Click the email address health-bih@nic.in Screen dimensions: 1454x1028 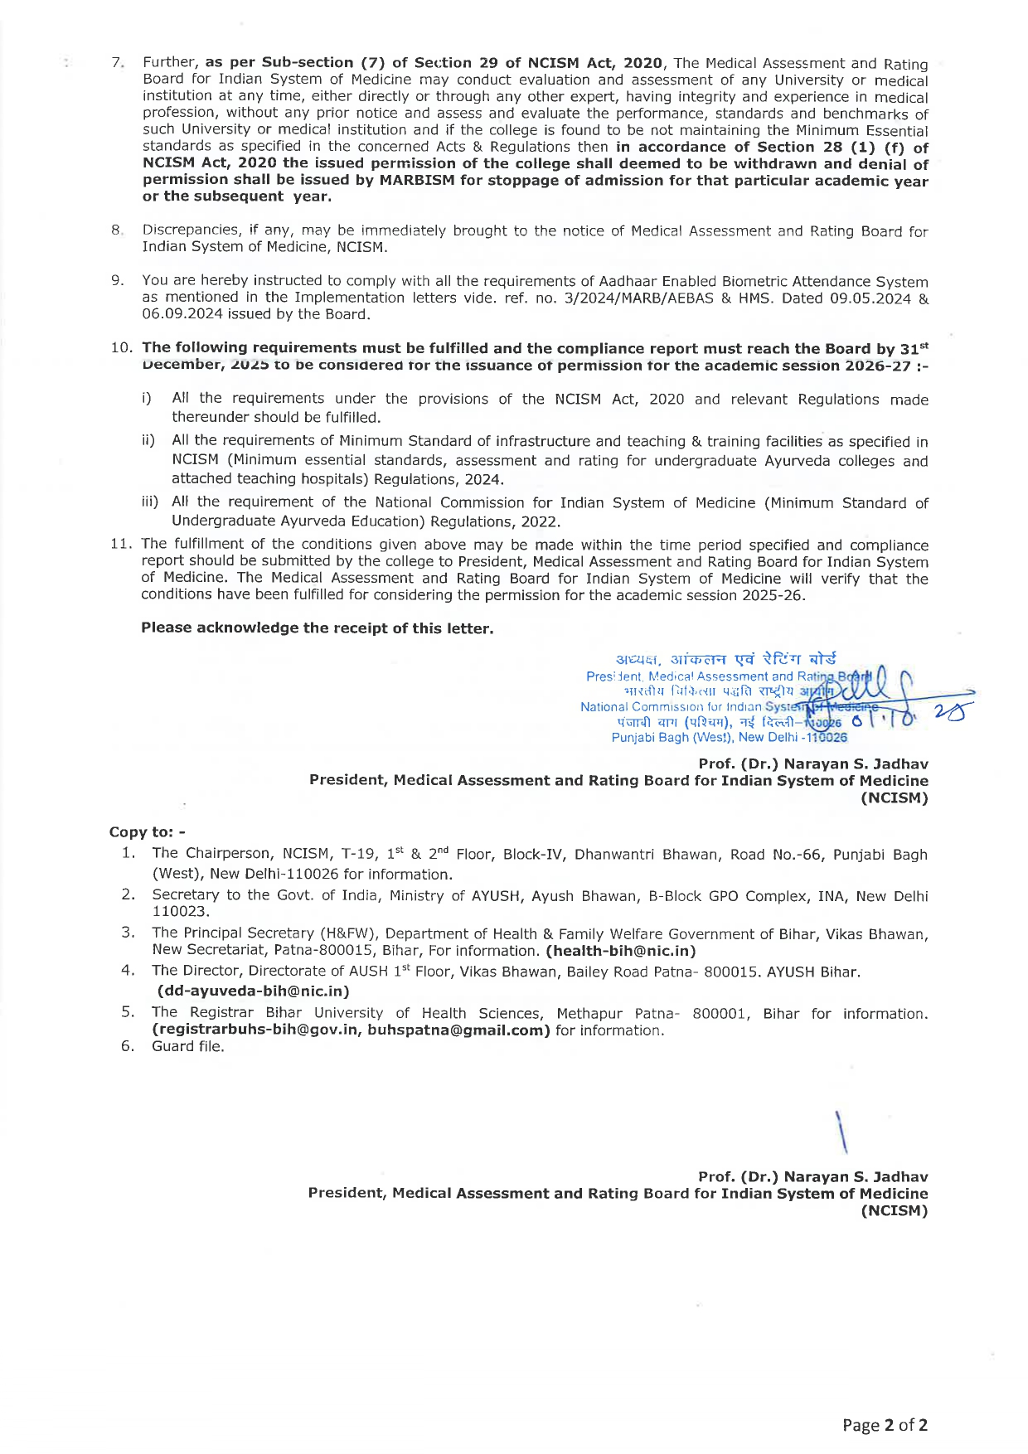[621, 951]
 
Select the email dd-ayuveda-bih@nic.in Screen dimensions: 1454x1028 [253, 991]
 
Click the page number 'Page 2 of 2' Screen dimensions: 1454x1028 [885, 1425]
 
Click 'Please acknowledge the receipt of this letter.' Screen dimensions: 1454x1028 [317, 628]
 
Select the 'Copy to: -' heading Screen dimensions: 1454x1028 [148, 831]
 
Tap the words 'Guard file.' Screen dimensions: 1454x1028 [188, 1046]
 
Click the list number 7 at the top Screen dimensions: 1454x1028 [117, 63]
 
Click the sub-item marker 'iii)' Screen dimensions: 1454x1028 [150, 502]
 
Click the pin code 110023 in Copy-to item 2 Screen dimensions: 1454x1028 [181, 912]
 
